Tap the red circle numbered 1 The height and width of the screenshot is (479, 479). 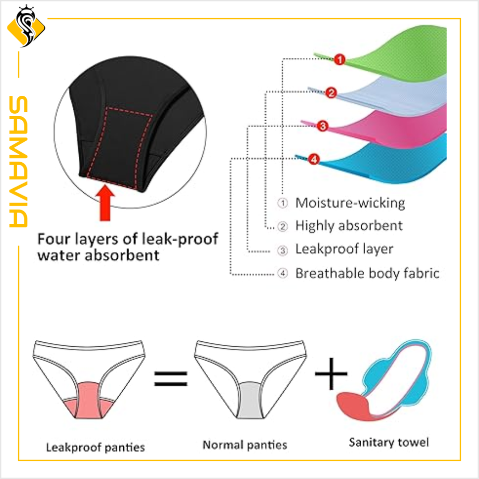(x=339, y=60)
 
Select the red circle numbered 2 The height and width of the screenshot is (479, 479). (x=331, y=92)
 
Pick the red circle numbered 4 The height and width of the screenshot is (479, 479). (x=313, y=160)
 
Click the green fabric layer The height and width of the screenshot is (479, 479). (x=399, y=50)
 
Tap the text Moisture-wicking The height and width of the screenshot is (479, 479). (x=350, y=203)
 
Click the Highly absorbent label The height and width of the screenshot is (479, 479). (x=349, y=226)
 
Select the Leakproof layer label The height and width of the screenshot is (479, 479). (x=344, y=249)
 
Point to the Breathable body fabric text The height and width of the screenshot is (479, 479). (x=367, y=273)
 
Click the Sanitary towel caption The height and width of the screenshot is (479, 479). (x=389, y=442)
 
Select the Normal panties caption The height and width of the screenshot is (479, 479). (x=244, y=445)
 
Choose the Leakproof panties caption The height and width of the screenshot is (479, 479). (x=95, y=447)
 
